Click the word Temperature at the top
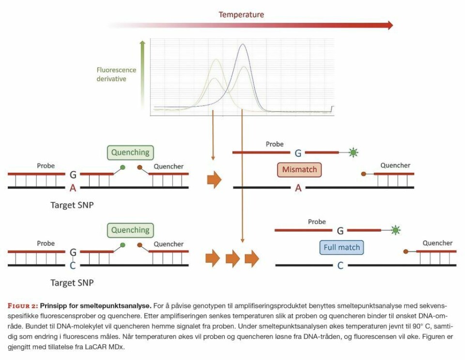point(241,15)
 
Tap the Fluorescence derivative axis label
point(116,74)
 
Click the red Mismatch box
point(299,170)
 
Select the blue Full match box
point(342,247)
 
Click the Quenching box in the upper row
point(130,152)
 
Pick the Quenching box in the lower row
point(130,230)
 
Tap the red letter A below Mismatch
point(298,188)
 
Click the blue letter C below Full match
point(341,266)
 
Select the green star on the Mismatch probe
point(354,153)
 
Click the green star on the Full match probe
point(396,230)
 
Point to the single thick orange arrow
point(214,180)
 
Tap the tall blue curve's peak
point(242,45)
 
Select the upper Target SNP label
point(72,205)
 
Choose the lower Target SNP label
point(72,282)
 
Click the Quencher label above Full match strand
point(437,243)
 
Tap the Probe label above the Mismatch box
point(275,144)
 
